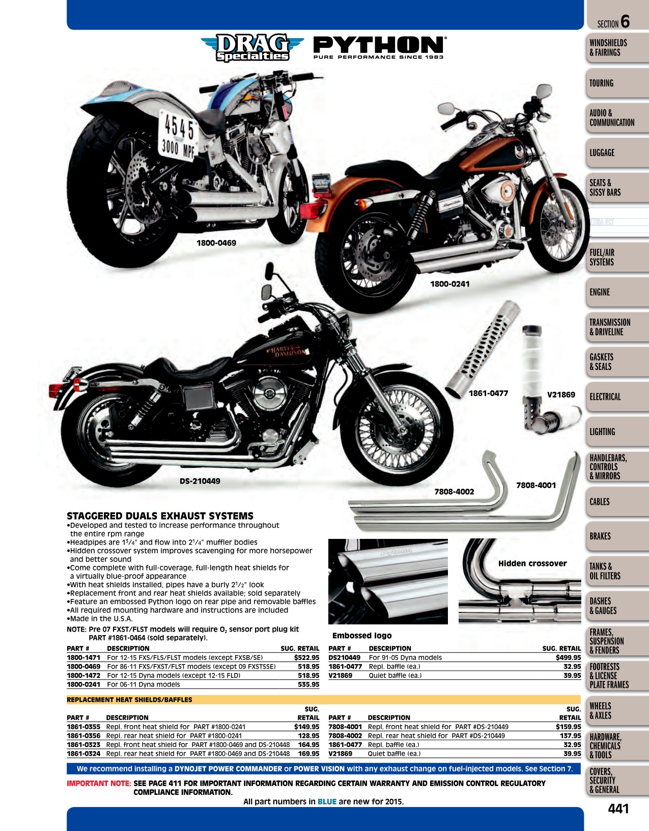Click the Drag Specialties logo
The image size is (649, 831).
tap(252, 47)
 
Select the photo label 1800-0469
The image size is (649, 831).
tap(216, 243)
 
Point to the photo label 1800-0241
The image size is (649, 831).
tap(450, 284)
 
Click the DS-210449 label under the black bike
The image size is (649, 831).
tap(200, 481)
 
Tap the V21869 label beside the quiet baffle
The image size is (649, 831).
tap(561, 395)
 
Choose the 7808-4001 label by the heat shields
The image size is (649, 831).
tap(536, 485)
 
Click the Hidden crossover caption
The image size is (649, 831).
tap(532, 563)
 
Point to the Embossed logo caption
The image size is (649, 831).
tap(362, 636)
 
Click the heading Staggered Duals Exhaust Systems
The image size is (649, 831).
tap(160, 516)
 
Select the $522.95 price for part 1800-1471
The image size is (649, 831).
tap(307, 658)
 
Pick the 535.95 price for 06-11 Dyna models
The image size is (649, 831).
tap(308, 684)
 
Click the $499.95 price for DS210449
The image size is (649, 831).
tap(568, 658)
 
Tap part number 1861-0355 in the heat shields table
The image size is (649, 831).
tap(83, 727)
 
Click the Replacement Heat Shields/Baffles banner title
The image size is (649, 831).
tap(129, 700)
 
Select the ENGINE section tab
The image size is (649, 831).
tap(600, 292)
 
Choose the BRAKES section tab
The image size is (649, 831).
tap(600, 536)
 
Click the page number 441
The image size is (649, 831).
tap(618, 809)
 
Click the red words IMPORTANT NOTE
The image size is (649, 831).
tap(99, 783)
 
